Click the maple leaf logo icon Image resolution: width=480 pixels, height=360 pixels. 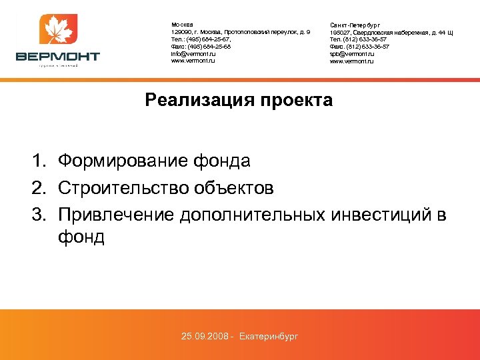click(x=59, y=30)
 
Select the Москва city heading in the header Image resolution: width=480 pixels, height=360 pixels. click(x=182, y=25)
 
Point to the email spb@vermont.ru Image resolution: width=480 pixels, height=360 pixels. click(x=352, y=54)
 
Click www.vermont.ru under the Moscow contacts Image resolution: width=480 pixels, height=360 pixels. click(x=193, y=61)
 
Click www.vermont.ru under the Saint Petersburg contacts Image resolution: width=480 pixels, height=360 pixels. click(x=352, y=61)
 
